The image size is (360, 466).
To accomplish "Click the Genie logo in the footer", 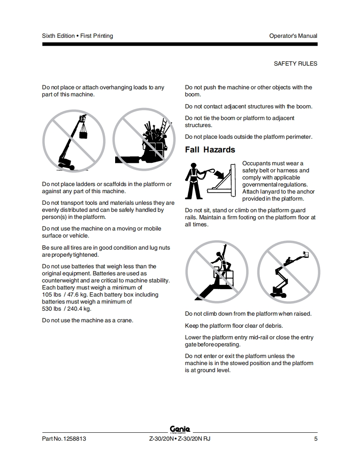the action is pos(180,429).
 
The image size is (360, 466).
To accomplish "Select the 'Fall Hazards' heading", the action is pos(210,150).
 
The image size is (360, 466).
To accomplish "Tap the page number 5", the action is pos(316,439).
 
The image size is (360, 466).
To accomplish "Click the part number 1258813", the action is pos(74,439).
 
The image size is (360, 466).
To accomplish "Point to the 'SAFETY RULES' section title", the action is pos(296,64).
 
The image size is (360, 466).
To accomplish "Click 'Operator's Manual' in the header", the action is pos(293,36).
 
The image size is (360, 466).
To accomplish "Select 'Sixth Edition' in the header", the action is pos(58,36).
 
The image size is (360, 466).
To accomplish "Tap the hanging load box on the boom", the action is pos(84,134).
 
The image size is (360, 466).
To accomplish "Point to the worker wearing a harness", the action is pos(193,181).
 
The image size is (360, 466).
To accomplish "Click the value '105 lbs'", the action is pos(52,294).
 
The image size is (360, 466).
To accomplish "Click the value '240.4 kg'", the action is pos(79,309).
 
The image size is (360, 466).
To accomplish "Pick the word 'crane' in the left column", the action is pos(125,320).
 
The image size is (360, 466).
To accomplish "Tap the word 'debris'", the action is pos(274,326).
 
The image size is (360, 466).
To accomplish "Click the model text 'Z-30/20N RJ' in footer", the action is pos(194,439).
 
